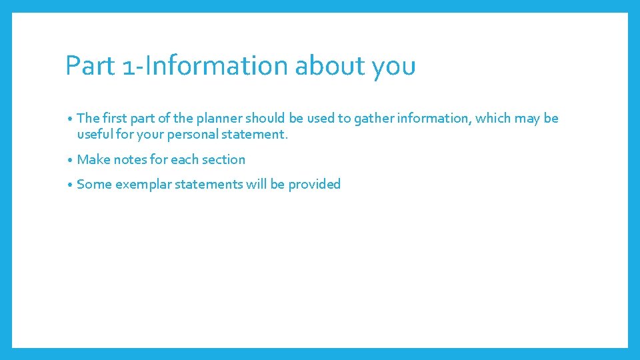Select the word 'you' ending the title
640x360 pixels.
[x=394, y=66]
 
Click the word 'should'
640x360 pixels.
[x=266, y=118]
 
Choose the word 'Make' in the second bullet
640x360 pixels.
[x=93, y=159]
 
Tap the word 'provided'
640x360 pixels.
[x=314, y=184]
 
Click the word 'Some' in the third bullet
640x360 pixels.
[x=94, y=184]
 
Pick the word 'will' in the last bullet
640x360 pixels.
[x=257, y=184]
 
